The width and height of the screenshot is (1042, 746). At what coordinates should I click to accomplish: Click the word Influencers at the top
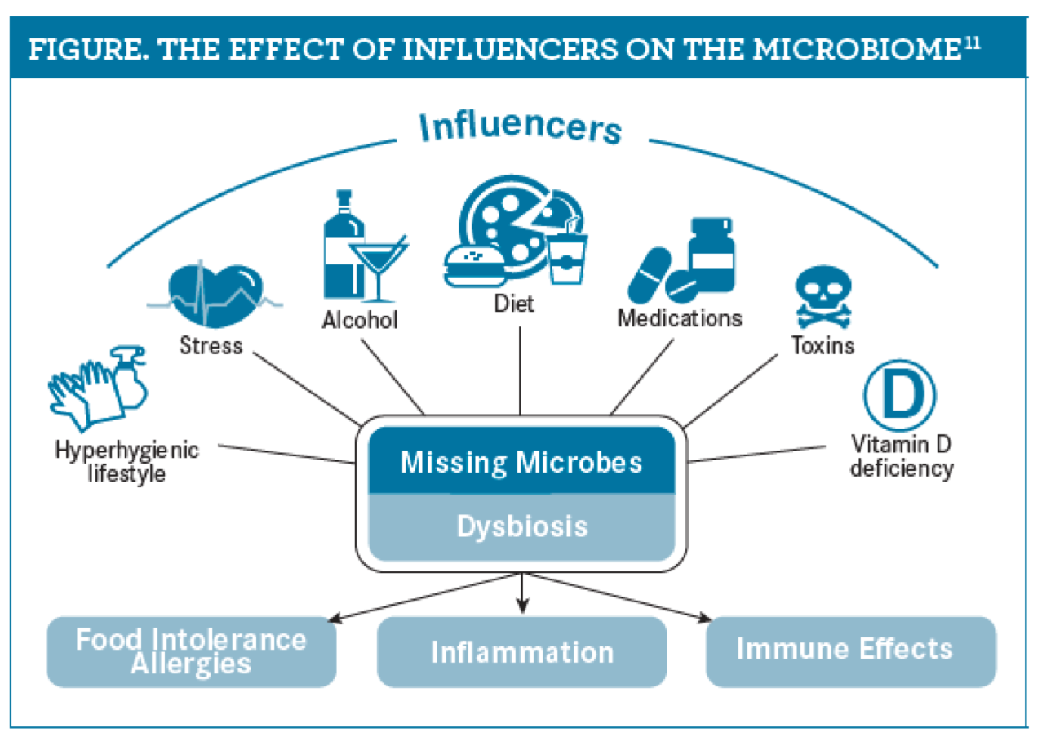coord(521,129)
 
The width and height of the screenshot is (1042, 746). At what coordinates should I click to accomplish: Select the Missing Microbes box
coord(521,462)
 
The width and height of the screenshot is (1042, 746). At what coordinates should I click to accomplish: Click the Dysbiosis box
coord(521,526)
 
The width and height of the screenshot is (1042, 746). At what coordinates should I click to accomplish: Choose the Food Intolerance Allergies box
coord(191,651)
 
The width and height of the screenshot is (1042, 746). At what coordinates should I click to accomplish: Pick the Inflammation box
coord(521,652)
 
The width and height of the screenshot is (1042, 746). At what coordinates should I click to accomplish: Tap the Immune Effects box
coord(845,650)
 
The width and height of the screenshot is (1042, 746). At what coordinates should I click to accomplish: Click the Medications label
coord(680,317)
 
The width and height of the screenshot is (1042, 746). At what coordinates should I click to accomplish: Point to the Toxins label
coord(823,345)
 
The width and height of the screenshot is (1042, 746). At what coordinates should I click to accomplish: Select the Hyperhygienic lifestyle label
coord(127,461)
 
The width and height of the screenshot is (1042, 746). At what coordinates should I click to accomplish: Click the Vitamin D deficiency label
coord(901,456)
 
